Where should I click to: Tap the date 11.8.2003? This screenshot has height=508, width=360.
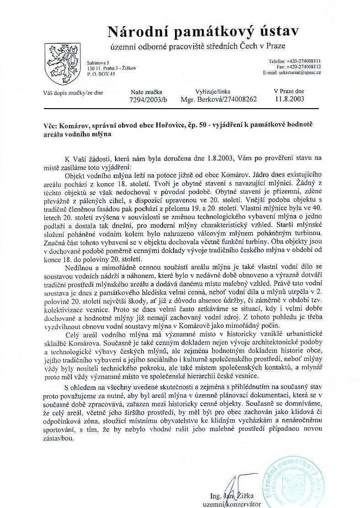pyautogui.click(x=289, y=98)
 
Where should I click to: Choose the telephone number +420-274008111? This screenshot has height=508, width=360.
pyautogui.click(x=301, y=61)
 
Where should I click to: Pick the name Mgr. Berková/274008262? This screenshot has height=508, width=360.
pyautogui.click(x=219, y=99)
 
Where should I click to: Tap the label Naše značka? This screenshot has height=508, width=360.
pyautogui.click(x=146, y=92)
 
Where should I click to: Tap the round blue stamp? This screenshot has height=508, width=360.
pyautogui.click(x=302, y=480)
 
